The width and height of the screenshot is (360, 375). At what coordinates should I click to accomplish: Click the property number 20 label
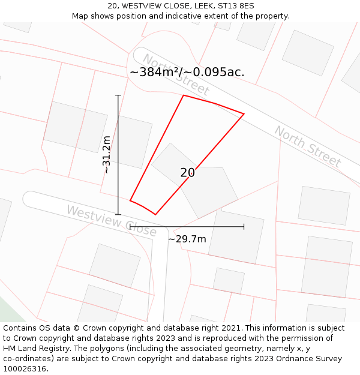coord(187,173)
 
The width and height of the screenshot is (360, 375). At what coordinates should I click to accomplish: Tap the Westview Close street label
coord(111,221)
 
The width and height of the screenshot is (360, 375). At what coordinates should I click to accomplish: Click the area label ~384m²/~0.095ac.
coord(187,72)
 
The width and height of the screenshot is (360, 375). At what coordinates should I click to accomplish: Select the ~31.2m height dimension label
coord(106,154)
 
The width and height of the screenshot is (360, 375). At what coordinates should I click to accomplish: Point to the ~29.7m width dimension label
coord(187,239)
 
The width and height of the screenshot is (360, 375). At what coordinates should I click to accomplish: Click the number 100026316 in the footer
coord(24,369)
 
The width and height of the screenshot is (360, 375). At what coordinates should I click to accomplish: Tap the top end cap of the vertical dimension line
coord(118,95)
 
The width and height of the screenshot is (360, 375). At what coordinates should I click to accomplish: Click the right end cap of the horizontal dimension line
coord(244,227)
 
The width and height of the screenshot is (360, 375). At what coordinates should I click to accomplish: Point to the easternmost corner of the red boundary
coord(244,113)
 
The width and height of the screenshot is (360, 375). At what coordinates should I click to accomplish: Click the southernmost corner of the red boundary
coord(155,214)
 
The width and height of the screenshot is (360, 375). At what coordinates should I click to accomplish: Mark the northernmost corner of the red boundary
coord(184,95)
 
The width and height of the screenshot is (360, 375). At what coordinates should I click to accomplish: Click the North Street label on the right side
coord(307,147)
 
